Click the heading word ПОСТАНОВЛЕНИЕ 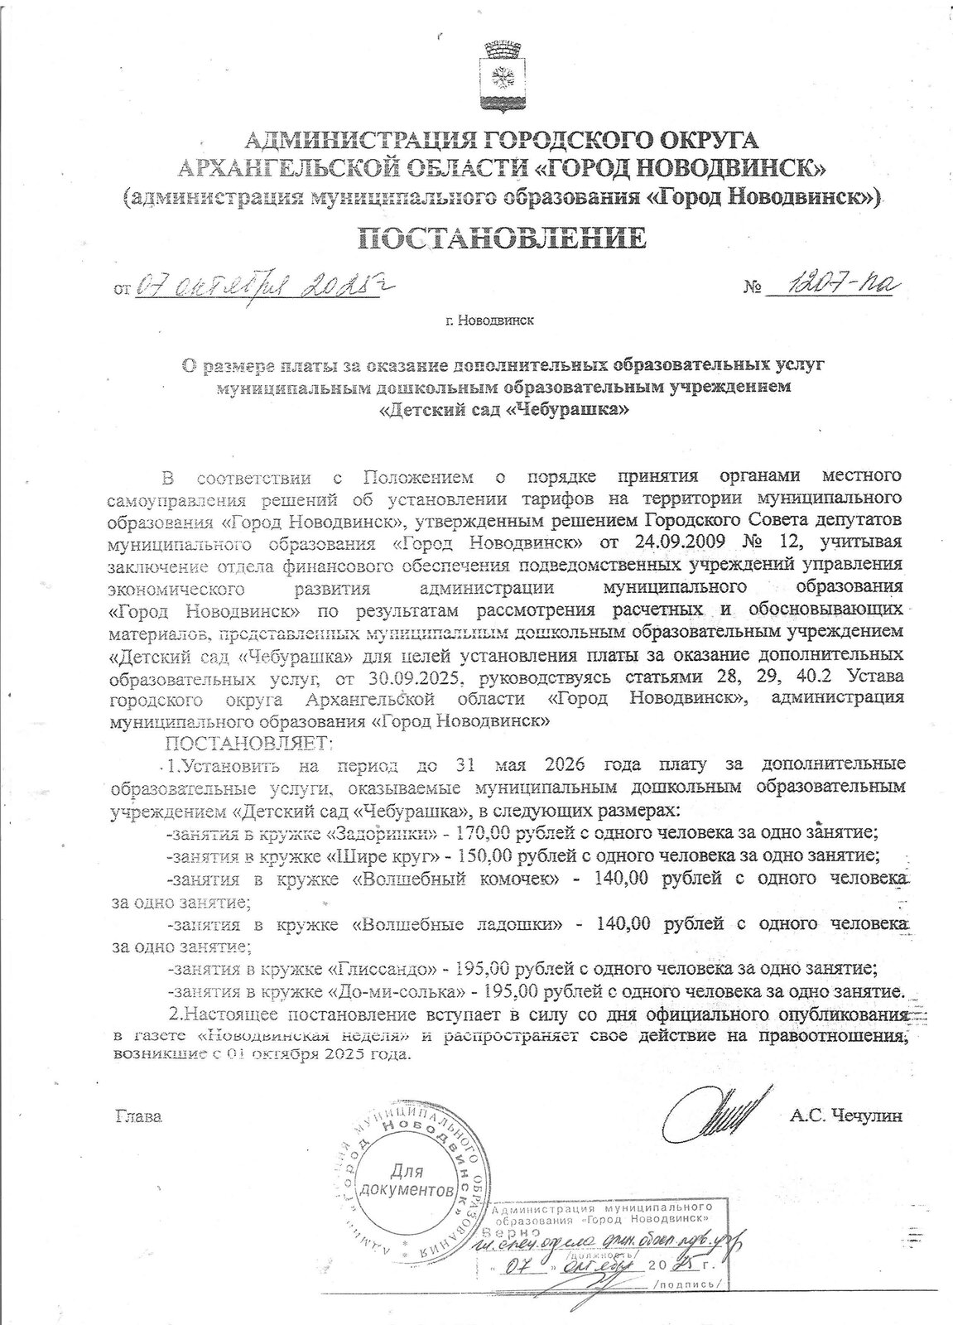[501, 238]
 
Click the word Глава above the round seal [137, 1115]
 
